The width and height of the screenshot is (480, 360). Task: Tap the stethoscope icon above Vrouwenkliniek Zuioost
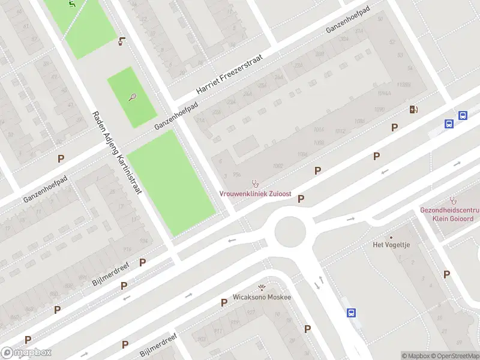coord(254,183)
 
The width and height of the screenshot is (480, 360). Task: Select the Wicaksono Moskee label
coord(262,297)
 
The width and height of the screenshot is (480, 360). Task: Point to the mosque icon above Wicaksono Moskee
coord(262,287)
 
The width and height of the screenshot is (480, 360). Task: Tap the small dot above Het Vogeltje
coord(391,237)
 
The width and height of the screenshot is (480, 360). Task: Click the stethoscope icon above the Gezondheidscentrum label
coord(453,200)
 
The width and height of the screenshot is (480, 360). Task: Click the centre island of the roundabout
coord(290,232)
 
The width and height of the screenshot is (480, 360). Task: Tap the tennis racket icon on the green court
coord(133,97)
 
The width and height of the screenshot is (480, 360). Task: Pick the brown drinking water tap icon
coord(122,41)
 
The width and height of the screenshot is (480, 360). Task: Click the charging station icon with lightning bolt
coord(413,109)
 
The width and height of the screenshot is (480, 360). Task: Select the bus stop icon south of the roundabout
coord(351,313)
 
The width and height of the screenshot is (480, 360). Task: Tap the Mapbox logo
coord(26,353)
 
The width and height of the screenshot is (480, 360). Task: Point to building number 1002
coord(277,166)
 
